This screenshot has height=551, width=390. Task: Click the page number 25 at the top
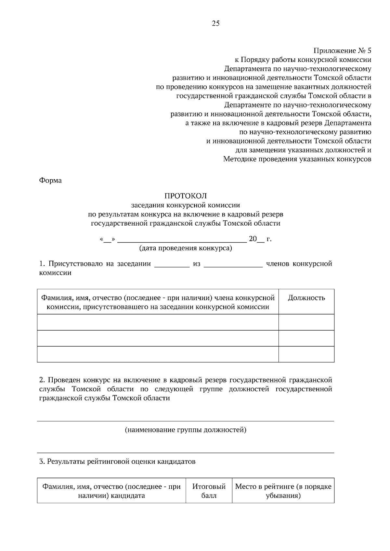click(215, 23)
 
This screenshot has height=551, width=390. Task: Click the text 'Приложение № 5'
click(342, 51)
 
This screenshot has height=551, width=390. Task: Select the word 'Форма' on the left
click(50, 180)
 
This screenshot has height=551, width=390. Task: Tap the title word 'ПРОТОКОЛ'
click(186, 196)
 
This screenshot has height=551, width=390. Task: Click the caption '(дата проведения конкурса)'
click(186, 248)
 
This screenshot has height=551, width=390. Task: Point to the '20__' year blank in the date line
click(256, 239)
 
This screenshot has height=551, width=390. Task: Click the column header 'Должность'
click(306, 298)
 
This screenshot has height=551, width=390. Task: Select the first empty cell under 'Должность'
click(306, 322)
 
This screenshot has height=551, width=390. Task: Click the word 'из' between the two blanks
click(197, 264)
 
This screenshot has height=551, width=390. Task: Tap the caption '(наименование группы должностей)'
click(186, 430)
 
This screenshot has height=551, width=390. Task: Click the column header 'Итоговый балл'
click(209, 491)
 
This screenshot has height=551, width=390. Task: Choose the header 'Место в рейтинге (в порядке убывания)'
click(283, 491)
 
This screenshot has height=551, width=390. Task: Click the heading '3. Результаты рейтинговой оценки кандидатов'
click(117, 461)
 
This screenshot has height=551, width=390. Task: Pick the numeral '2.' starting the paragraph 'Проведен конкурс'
click(42, 380)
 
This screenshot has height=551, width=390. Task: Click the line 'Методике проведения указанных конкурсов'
click(297, 159)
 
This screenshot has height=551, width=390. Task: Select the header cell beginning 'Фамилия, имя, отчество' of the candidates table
click(111, 491)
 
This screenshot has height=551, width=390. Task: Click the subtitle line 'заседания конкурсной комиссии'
click(186, 205)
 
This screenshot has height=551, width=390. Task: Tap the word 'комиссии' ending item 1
click(55, 273)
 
